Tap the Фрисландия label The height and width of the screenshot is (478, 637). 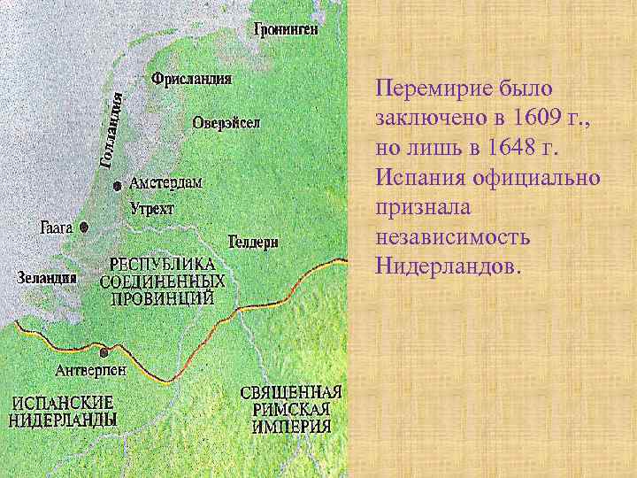tap(192, 79)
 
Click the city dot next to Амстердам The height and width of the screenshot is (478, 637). tap(118, 186)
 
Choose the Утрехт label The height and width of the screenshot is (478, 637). tap(152, 209)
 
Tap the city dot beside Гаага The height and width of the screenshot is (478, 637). tap(84, 227)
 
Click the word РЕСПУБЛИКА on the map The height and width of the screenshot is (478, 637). tap(162, 265)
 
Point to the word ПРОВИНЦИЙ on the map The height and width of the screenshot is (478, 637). tap(162, 297)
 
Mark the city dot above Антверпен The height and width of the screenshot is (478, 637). tap(105, 351)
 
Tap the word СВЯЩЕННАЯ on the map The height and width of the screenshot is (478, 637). tap(291, 392)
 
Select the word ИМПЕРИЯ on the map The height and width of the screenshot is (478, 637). tap(291, 427)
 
